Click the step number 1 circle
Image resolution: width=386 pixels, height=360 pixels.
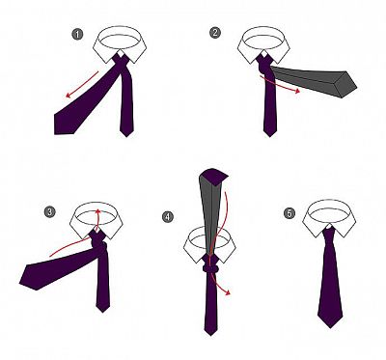pyautogui.click(x=77, y=35)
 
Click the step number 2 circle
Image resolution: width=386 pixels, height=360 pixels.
pyautogui.click(x=215, y=33)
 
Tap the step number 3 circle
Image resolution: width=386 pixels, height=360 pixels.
pyautogui.click(x=50, y=212)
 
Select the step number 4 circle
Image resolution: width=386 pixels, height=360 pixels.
pyautogui.click(x=167, y=216)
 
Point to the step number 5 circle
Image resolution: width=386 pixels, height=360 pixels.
pyautogui.click(x=289, y=213)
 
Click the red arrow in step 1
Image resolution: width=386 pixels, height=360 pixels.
pyautogui.click(x=82, y=84)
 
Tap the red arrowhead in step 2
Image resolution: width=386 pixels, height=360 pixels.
pyautogui.click(x=297, y=91)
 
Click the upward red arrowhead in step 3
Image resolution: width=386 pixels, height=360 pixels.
pyautogui.click(x=98, y=211)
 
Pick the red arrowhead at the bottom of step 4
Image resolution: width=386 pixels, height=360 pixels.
pyautogui.click(x=228, y=292)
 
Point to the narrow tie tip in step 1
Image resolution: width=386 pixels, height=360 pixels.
pyautogui.click(x=126, y=135)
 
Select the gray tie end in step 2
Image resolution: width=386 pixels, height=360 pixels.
pyautogui.click(x=314, y=80)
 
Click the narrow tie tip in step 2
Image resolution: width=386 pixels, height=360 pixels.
pyautogui.click(x=269, y=136)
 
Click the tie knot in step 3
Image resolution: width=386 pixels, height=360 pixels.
pyautogui.click(x=100, y=246)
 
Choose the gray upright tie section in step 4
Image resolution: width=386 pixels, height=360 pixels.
pyautogui.click(x=211, y=215)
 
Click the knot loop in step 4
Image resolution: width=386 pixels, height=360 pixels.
pyautogui.click(x=210, y=268)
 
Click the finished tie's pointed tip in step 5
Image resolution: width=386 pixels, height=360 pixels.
pyautogui.click(x=330, y=326)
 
